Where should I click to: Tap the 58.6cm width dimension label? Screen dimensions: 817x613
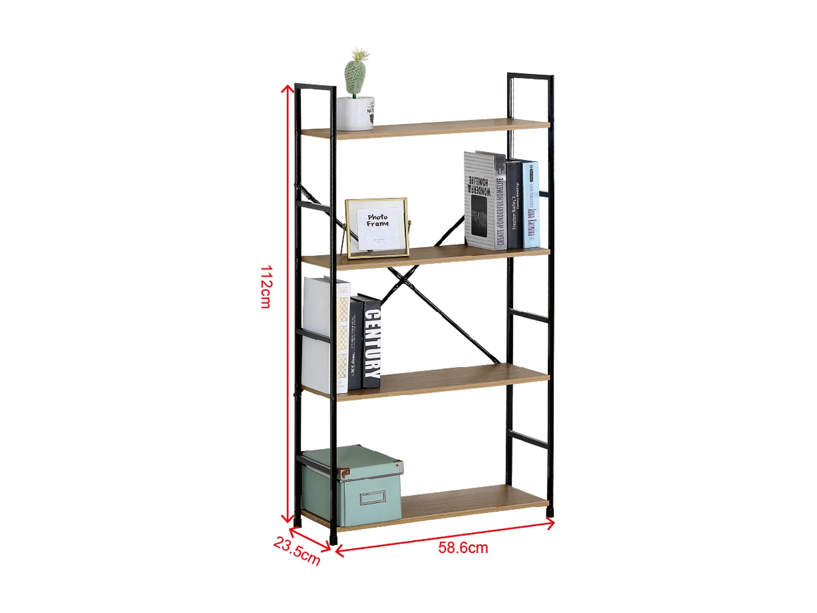(463, 547)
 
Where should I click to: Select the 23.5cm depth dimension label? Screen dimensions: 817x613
(297, 551)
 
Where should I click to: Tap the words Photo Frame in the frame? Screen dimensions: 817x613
(378, 220)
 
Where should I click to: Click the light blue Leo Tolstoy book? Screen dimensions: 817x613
(531, 205)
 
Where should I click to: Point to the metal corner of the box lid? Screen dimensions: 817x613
(344, 474)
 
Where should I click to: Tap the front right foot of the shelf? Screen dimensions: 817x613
(550, 513)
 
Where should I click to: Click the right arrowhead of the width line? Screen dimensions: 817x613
(552, 523)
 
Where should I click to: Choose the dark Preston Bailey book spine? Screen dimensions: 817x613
(514, 205)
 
